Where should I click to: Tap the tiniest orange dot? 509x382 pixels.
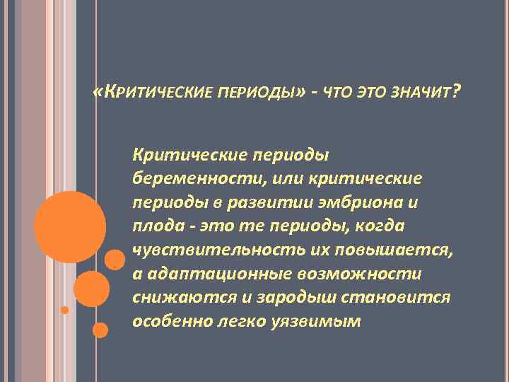64,310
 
